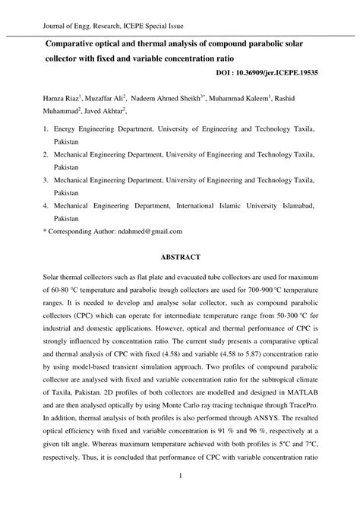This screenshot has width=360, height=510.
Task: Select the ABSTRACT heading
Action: pos(180,258)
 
